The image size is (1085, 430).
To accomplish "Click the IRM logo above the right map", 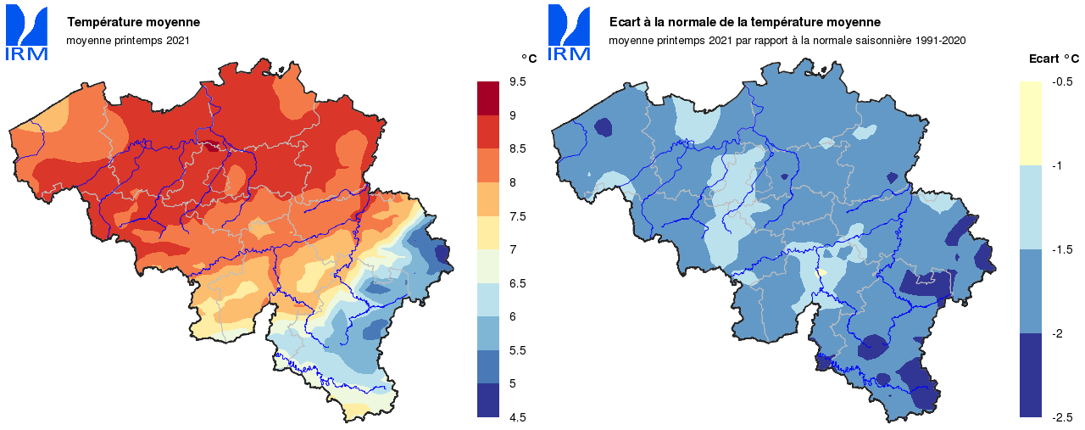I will (569, 33).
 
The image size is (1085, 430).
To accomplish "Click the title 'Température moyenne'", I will (133, 21).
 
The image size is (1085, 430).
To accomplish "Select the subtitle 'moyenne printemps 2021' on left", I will (128, 40).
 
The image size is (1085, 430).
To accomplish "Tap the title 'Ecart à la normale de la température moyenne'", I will (744, 21).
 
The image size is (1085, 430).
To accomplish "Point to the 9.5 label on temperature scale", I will (516, 81).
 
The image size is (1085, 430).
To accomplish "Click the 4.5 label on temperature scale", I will (516, 417).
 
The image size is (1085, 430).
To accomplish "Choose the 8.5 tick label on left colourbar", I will (516, 148).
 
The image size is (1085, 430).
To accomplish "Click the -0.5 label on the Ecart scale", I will (1062, 82).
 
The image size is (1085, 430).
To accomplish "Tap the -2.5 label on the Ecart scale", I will (1062, 417).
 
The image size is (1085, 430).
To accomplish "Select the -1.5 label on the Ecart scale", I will (1062, 249).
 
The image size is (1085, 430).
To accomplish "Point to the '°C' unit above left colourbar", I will (528, 59).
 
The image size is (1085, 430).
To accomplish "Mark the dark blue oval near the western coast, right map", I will (604, 127).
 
